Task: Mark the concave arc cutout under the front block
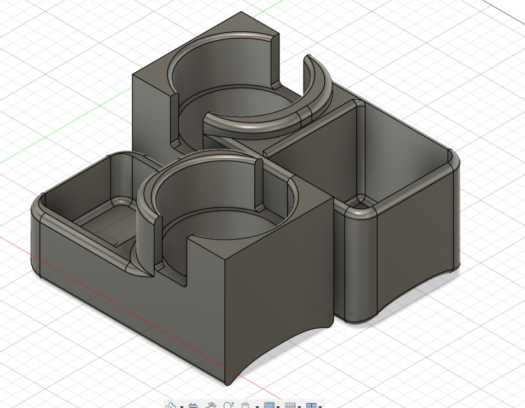pyautogui.click(x=284, y=350)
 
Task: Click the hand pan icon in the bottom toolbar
pyautogui.click(x=211, y=405)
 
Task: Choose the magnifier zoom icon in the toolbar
pyautogui.click(x=228, y=405)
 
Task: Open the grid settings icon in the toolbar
pyautogui.click(x=290, y=405)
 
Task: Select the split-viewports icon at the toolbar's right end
pyautogui.click(x=311, y=405)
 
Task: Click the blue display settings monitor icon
pyautogui.click(x=269, y=405)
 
